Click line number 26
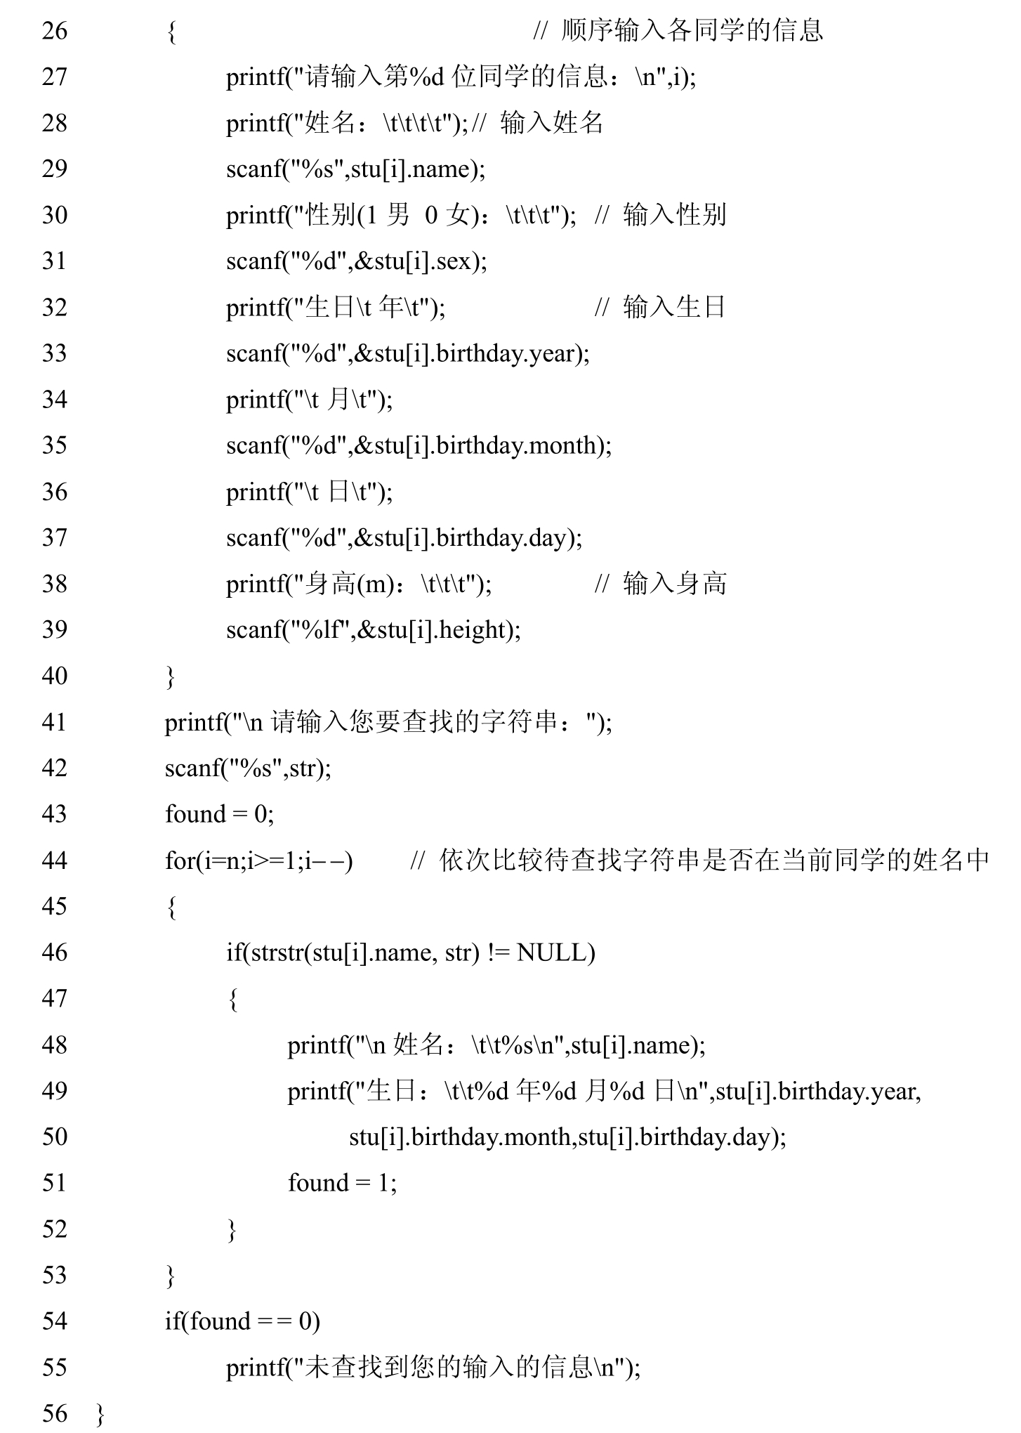click(x=55, y=31)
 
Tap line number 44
click(x=55, y=861)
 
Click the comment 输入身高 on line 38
click(x=674, y=584)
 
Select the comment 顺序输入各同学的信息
click(x=692, y=31)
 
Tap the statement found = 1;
click(x=342, y=1183)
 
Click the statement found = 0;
click(x=219, y=815)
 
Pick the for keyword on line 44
click(x=178, y=861)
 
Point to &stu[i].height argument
click(x=437, y=630)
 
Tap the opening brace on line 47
click(x=232, y=999)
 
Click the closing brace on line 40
click(x=171, y=676)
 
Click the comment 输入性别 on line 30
click(x=674, y=215)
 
